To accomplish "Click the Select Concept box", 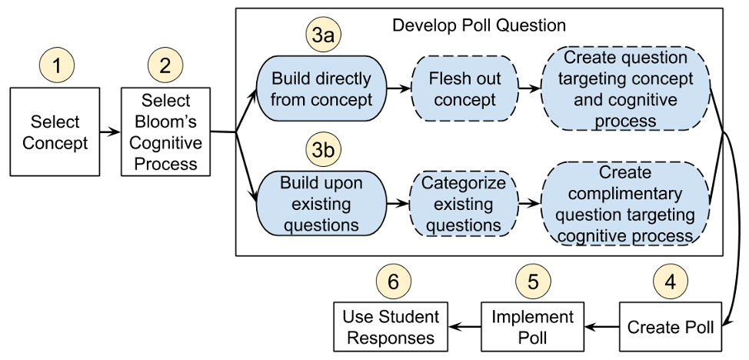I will (55, 132).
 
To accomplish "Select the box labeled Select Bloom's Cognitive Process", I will (165, 132).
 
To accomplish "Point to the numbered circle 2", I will (165, 65).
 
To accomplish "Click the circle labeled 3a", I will (324, 35).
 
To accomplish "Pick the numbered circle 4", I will (671, 282).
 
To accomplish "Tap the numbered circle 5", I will (533, 282).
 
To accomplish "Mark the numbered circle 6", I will (394, 282).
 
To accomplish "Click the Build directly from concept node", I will (321, 89).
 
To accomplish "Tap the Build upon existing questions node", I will (321, 204).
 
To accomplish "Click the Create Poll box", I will (671, 327).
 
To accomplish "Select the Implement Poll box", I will (533, 327).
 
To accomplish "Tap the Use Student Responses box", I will (391, 327).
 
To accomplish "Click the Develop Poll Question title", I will (479, 25).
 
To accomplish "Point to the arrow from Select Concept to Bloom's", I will (110, 132).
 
